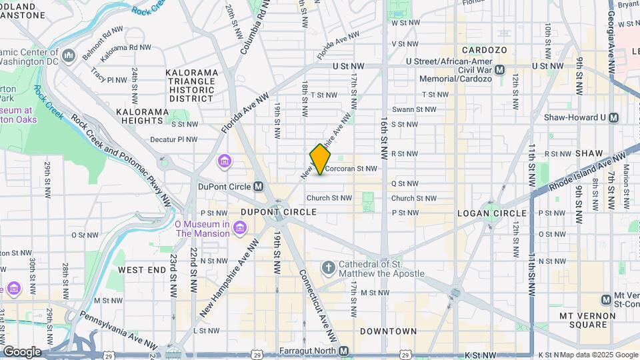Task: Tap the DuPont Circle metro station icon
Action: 258,186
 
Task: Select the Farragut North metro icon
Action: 343,351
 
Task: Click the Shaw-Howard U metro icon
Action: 614,117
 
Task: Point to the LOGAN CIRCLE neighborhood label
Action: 492,213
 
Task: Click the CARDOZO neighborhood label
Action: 485,50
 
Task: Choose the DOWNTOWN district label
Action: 388,331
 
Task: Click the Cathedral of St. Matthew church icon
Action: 328,268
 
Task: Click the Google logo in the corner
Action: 21,351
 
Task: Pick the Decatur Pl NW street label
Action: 173,139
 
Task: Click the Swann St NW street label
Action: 413,109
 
